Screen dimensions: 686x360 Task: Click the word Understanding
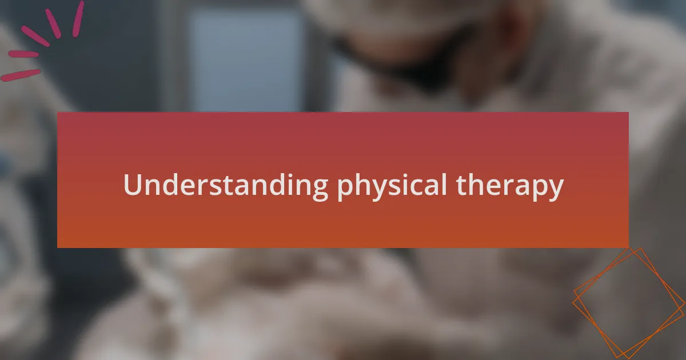point(225,186)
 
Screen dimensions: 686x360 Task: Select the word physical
point(392,186)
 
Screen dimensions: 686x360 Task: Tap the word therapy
point(509,186)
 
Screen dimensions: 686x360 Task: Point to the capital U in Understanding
point(133,185)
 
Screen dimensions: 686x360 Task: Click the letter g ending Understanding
point(318,190)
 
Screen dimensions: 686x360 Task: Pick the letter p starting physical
point(346,190)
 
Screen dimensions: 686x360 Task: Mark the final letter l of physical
point(444,184)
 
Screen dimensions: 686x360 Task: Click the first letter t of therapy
point(461,186)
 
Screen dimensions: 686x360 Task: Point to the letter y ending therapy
point(555,190)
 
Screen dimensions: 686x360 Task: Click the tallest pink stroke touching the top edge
point(78,19)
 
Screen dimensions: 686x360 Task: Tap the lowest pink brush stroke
point(20,75)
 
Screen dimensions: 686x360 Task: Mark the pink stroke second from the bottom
point(23,54)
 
